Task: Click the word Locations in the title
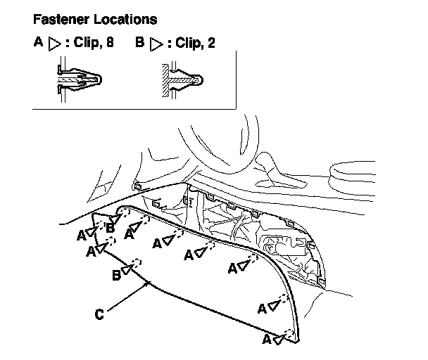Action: point(125,20)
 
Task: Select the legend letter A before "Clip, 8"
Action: point(38,42)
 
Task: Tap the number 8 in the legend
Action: point(109,42)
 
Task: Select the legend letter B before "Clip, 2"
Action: point(140,42)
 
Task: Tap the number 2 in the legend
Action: point(211,43)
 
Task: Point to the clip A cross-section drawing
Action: point(79,79)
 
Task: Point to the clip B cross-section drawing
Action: point(182,79)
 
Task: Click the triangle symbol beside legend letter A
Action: point(54,44)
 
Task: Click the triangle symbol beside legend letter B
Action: point(156,44)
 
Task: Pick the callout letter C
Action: point(99,314)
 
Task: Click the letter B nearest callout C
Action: point(117,275)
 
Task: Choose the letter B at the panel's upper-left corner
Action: point(110,228)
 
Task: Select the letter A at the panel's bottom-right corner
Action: point(267,339)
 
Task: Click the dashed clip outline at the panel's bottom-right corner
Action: point(289,335)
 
